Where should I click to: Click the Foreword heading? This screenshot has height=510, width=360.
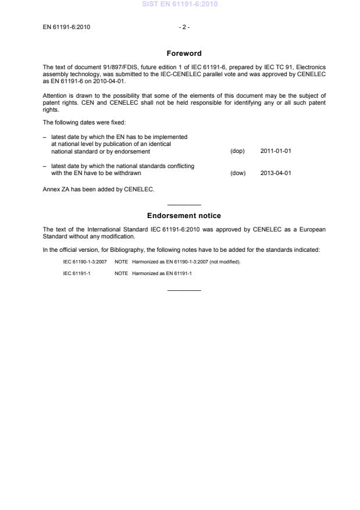tap(184, 54)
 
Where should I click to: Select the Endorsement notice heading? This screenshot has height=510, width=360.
tap(184, 216)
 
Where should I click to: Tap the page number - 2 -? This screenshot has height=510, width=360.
tap(184, 27)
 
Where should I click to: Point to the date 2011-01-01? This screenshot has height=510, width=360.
tap(276, 151)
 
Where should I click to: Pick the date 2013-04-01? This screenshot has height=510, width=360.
tap(276, 173)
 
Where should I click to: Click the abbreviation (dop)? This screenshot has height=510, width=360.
tap(238, 151)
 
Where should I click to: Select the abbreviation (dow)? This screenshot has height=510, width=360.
tap(238, 173)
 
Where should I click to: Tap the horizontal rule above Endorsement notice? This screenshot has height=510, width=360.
tap(184, 205)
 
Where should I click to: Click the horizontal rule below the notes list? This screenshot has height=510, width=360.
tap(184, 290)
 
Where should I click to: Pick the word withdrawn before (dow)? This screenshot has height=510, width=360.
tap(127, 173)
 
